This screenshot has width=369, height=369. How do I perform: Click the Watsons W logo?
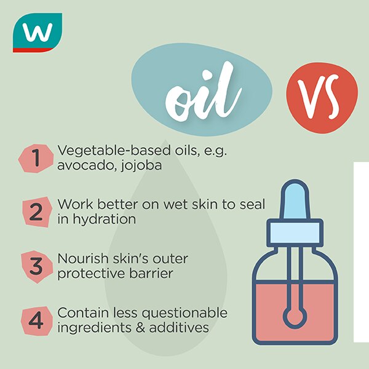tap(37, 32)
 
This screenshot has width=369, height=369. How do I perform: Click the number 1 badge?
tap(36, 159)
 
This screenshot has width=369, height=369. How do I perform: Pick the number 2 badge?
tap(36, 212)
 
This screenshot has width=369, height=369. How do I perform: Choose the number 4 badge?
tap(36, 320)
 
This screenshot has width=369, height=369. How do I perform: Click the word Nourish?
tap(81, 259)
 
